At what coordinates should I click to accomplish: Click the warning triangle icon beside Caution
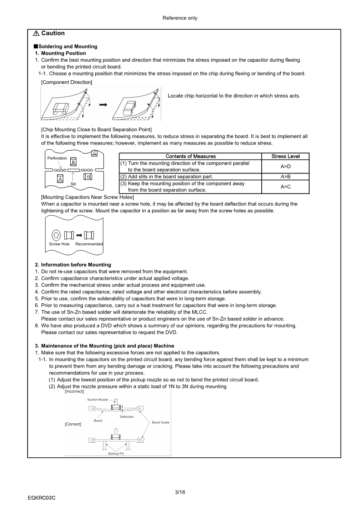point(37,34)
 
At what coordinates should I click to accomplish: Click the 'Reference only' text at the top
point(180,18)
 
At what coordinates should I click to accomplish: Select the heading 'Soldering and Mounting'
point(68,47)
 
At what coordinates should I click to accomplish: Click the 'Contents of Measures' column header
point(190,156)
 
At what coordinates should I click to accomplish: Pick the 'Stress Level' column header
point(285,156)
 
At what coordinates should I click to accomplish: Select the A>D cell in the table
point(285,166)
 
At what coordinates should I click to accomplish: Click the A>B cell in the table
point(285,176)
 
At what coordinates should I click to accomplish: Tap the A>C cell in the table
point(285,187)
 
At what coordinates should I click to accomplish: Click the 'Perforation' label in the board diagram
point(57,158)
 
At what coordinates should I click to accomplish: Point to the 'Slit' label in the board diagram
point(73,184)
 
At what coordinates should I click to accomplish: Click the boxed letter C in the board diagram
point(94,153)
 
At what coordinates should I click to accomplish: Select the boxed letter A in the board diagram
point(60,179)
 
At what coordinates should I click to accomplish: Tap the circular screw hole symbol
point(56,235)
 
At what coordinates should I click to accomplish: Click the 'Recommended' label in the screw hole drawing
point(89,244)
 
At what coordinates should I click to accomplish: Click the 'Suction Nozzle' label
point(97,400)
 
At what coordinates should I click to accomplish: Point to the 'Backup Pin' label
point(116,453)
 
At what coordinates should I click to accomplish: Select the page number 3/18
point(180,492)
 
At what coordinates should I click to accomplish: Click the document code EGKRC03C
point(42,497)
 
